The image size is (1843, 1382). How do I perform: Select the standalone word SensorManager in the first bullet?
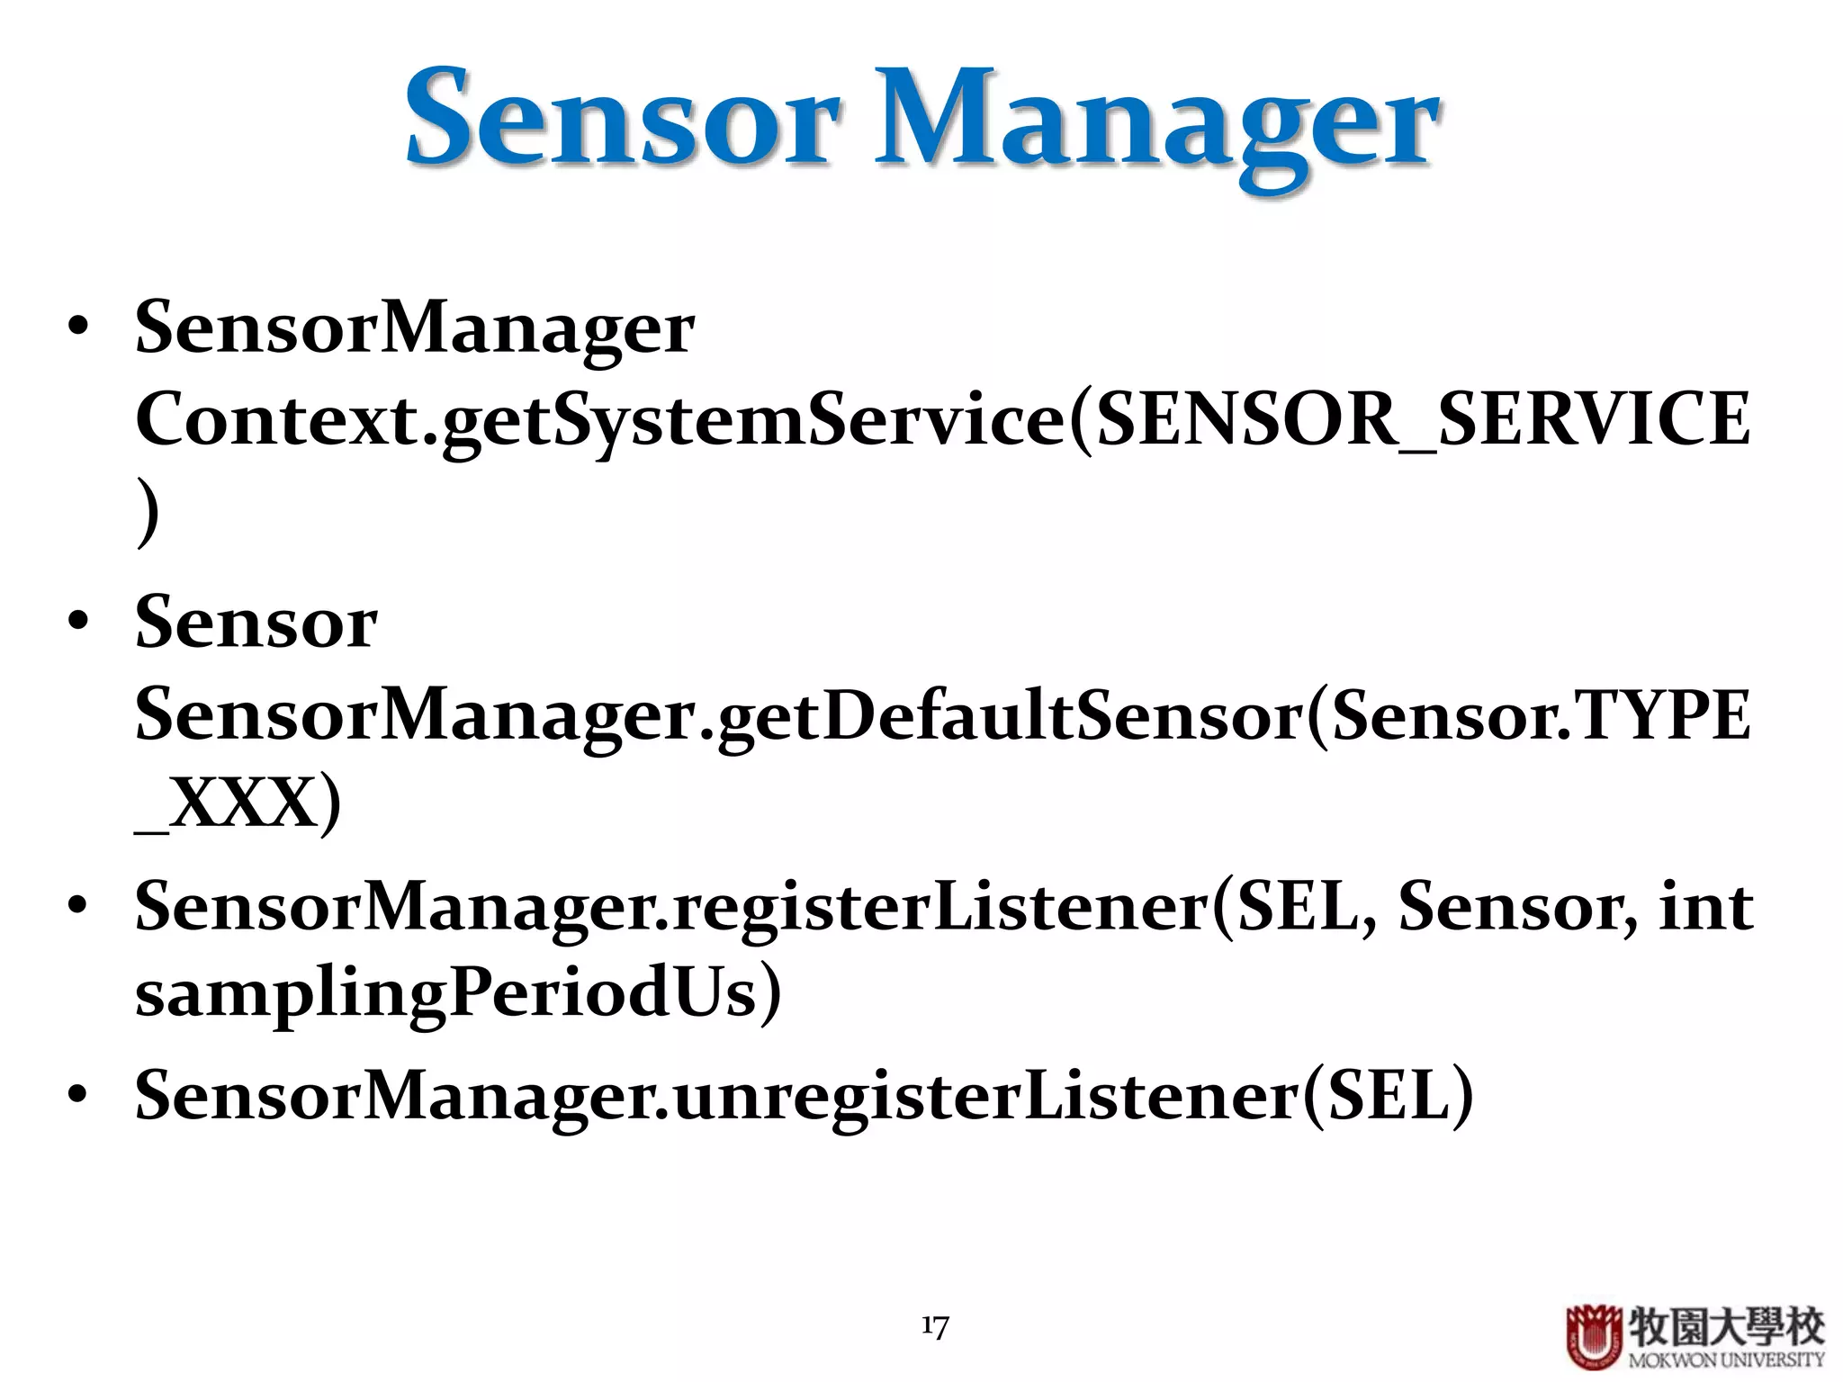414,329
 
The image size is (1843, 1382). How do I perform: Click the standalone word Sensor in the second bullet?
256,623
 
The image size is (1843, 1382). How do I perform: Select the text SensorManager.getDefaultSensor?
720,715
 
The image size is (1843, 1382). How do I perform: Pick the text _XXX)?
238,803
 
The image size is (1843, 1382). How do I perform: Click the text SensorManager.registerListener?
671,907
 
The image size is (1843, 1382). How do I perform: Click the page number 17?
935,1326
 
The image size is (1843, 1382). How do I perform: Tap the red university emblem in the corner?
1594,1337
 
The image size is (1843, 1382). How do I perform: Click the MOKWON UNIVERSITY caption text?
1726,1360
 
